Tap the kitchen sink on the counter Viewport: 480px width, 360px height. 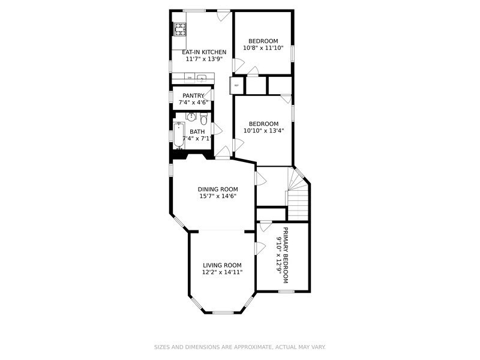pos(203,77)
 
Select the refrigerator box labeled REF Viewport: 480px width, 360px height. pos(237,85)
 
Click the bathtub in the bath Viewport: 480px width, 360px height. pos(179,135)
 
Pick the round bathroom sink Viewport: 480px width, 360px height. pos(191,116)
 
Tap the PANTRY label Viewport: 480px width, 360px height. pos(193,95)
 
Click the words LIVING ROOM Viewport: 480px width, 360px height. pos(222,265)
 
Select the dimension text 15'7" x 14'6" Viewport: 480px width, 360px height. pos(218,196)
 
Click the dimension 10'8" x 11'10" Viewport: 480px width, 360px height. pos(263,48)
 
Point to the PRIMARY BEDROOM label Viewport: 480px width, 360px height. pos(286,256)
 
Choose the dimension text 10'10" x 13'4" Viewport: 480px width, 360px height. pos(263,131)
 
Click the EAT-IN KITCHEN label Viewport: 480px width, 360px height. pos(204,52)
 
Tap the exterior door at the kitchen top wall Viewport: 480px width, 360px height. pos(223,15)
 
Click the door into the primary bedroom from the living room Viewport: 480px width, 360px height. pos(260,247)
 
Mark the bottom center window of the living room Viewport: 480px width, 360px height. pos(223,312)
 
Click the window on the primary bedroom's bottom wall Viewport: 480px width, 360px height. pos(286,292)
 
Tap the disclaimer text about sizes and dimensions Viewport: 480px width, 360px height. pos(240,347)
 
